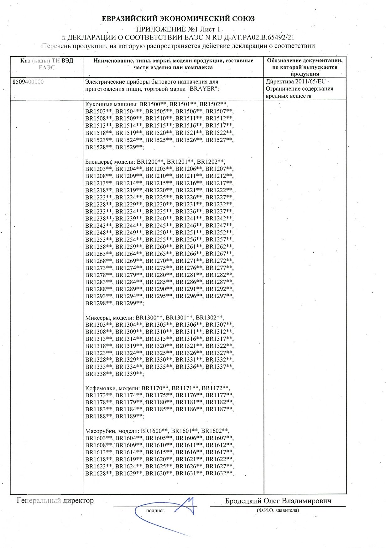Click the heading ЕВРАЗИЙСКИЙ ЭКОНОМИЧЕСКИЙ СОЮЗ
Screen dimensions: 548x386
(178, 19)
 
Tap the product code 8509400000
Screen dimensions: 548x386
(28, 82)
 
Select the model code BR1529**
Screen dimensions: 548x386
(129, 147)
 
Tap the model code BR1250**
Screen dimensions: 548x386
(159, 233)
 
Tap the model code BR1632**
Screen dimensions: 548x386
(219, 473)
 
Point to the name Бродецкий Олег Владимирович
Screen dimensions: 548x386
(278, 501)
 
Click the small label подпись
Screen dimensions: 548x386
(155, 511)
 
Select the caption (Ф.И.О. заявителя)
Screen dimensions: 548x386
(278, 510)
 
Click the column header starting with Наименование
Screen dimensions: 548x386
(173, 64)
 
